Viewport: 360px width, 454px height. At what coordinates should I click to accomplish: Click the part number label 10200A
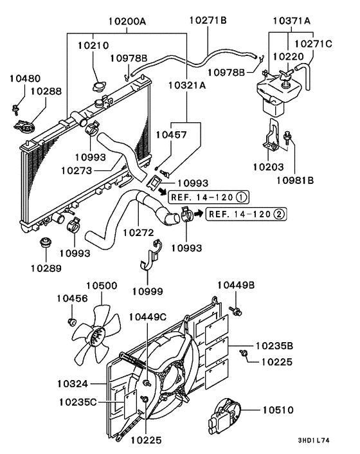[x=127, y=21]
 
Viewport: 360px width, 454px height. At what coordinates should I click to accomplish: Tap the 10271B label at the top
[x=208, y=21]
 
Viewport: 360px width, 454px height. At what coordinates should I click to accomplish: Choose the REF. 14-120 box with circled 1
[x=209, y=197]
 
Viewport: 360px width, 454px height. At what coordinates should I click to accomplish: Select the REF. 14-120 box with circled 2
[x=247, y=214]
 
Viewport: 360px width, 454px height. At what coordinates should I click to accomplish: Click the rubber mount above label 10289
[x=46, y=245]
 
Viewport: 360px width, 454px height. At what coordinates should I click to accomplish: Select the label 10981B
[x=295, y=180]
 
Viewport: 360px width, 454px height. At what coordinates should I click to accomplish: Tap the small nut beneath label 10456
[x=72, y=320]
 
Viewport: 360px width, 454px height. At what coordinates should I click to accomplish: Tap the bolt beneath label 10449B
[x=237, y=312]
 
